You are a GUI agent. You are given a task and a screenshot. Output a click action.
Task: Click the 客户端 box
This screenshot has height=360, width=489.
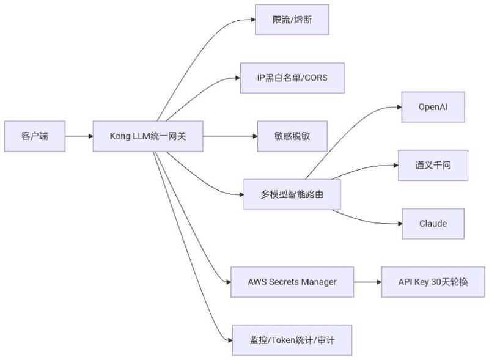pyautogui.click(x=35, y=136)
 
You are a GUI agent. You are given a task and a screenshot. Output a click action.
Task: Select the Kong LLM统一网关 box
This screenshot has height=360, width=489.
pyautogui.click(x=148, y=136)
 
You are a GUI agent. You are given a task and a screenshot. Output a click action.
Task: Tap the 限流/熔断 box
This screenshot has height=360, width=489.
pyautogui.click(x=292, y=20)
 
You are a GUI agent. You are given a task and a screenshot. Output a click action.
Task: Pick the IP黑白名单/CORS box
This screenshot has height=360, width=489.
pyautogui.click(x=292, y=78)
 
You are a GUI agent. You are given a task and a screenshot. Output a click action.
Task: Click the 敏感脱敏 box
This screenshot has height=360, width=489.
pyautogui.click(x=292, y=136)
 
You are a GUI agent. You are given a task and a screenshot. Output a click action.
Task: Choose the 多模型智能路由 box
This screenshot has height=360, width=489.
pyautogui.click(x=292, y=194)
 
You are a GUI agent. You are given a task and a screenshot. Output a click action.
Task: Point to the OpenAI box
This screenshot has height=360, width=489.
pyautogui.click(x=433, y=107)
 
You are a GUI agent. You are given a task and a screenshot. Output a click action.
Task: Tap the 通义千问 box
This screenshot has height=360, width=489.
pyautogui.click(x=433, y=166)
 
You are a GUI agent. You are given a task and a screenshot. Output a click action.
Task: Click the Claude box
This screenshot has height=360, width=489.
pyautogui.click(x=433, y=224)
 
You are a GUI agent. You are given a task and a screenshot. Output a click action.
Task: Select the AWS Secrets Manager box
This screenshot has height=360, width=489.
pyautogui.click(x=292, y=282)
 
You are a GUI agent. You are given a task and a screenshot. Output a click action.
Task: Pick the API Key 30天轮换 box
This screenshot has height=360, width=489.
pyautogui.click(x=433, y=282)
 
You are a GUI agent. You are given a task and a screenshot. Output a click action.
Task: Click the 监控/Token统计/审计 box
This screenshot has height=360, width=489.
pyautogui.click(x=292, y=340)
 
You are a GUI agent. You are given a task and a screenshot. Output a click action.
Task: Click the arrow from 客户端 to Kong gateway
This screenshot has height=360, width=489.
pyautogui.click(x=79, y=136)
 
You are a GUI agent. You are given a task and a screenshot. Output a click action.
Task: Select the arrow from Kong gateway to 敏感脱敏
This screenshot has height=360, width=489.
pyautogui.click(x=230, y=136)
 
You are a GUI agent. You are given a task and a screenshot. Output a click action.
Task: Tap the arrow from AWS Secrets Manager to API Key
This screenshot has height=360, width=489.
pyautogui.click(x=367, y=282)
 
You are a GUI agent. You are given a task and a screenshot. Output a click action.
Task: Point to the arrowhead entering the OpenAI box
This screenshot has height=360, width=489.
pyautogui.click(x=399, y=107)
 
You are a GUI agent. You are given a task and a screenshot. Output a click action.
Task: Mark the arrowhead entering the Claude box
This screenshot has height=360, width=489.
pyautogui.click(x=400, y=224)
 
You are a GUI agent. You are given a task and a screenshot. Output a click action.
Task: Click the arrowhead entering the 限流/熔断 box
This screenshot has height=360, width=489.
pyautogui.click(x=253, y=20)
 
